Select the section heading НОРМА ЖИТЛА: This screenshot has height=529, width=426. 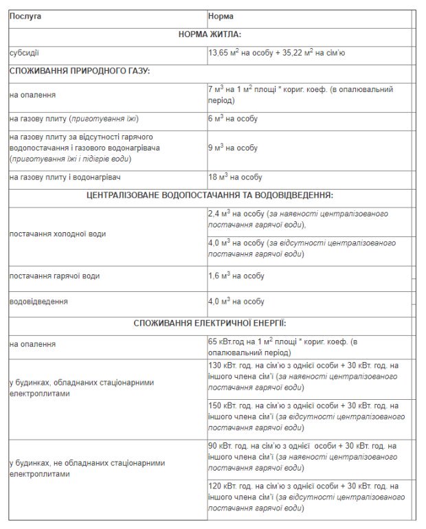pyautogui.click(x=209, y=33)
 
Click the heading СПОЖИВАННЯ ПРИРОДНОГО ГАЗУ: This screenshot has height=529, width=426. pyautogui.click(x=80, y=71)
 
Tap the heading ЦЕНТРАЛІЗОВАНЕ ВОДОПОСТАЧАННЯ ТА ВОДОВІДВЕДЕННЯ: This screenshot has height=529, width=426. pyautogui.click(x=210, y=196)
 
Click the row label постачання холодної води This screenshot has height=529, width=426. pyautogui.click(x=58, y=234)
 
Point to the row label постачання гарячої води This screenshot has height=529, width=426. pyautogui.click(x=54, y=275)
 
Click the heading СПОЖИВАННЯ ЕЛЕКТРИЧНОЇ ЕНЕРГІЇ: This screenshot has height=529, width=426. pyautogui.click(x=210, y=322)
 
